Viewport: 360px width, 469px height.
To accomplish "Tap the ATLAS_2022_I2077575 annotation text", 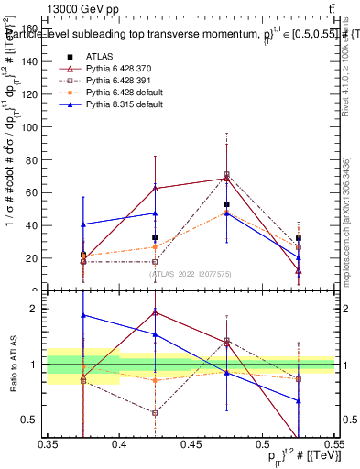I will coord(191,274).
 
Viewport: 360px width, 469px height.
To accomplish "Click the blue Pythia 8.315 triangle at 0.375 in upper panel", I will coord(83,224).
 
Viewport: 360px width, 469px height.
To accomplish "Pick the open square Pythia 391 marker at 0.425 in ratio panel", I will coord(155,412).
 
